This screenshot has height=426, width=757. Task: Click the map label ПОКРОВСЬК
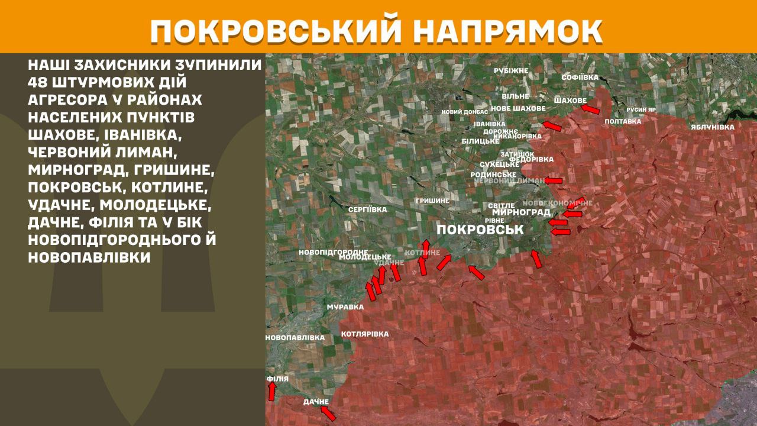[x=480, y=230]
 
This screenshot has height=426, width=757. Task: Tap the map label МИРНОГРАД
[x=521, y=212]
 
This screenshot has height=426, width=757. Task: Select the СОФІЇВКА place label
[x=580, y=78]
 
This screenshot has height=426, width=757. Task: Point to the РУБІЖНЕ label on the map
[x=511, y=70]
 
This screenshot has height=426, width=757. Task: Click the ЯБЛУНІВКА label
[x=712, y=127]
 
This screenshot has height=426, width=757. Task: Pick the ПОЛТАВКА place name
[x=623, y=121]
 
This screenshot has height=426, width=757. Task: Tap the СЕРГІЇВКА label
[x=367, y=209]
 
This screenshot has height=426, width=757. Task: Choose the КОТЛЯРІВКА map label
[x=365, y=334]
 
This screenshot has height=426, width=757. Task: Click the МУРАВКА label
[x=345, y=307]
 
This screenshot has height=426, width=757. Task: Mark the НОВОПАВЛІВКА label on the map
[x=295, y=337]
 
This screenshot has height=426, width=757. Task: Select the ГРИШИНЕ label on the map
[x=432, y=201]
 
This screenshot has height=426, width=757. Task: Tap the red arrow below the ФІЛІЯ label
[x=272, y=391]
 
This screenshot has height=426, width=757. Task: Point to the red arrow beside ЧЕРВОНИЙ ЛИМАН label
[x=553, y=180]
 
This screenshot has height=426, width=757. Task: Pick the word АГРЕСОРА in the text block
[x=64, y=99]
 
